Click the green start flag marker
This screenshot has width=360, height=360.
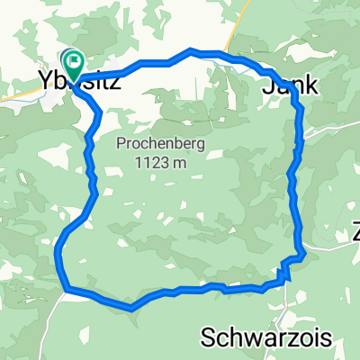coord(73,64)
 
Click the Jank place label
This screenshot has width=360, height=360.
coord(290,86)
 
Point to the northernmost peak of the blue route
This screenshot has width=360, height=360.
coord(191,51)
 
